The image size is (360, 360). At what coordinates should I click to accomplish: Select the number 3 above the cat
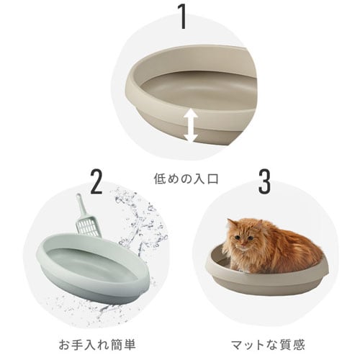coord(264,184)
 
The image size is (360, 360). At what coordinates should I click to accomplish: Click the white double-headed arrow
coord(190,125)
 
